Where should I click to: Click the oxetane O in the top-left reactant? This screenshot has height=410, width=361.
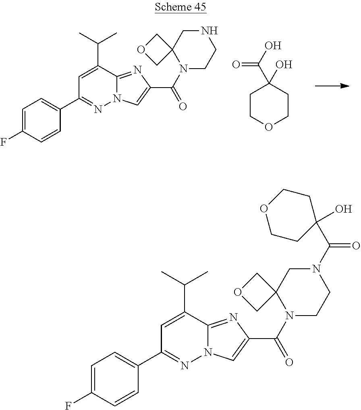point(141,50)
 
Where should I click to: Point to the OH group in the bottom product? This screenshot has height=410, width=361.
point(343,209)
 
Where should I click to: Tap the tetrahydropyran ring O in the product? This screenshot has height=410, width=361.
point(263,209)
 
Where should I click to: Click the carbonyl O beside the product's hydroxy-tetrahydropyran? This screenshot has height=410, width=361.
point(355,245)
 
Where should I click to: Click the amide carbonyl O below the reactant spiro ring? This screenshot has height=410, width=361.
point(183,106)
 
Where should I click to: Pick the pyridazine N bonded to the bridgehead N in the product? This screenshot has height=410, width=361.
point(185,366)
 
